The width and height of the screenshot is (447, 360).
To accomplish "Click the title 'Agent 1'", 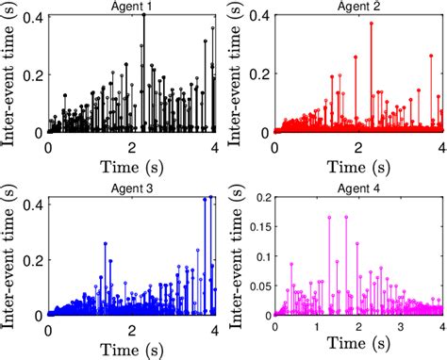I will point(133,7).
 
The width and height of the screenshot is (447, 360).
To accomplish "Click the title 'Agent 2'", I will point(359,7).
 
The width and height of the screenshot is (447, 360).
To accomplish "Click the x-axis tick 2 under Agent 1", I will point(133,147).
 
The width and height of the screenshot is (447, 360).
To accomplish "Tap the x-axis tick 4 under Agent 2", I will point(440,147).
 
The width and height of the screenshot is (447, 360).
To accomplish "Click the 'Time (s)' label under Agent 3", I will point(133,349).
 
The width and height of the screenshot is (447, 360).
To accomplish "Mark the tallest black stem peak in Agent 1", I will point(144,15).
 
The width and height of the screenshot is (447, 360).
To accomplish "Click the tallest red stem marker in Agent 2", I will point(371,24).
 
